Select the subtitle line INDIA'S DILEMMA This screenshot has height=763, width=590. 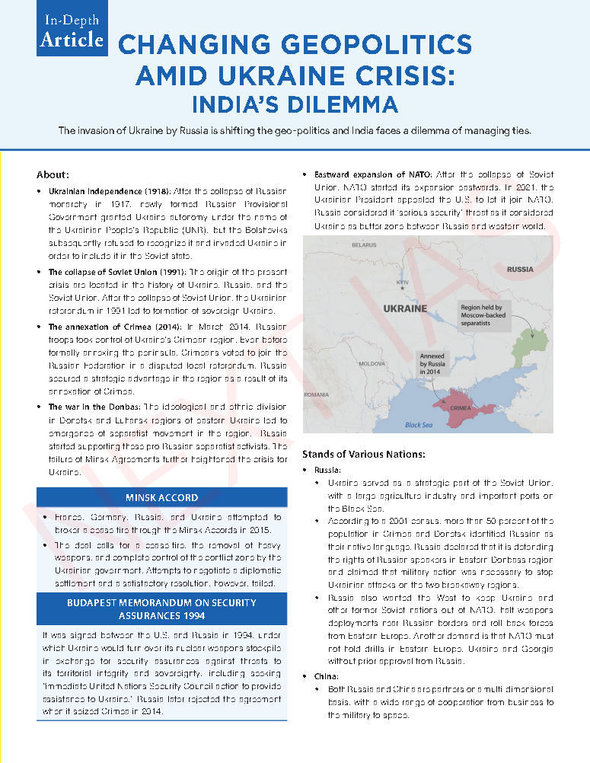(294, 103)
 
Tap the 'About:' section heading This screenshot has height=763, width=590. (53, 174)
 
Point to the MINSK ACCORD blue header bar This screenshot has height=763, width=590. (161, 497)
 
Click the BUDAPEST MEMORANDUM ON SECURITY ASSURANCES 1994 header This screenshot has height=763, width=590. (161, 608)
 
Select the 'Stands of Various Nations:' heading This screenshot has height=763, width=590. (364, 454)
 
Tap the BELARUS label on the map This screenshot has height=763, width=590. (365, 245)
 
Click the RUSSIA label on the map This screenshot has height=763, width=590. (520, 270)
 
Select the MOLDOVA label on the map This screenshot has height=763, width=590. (372, 364)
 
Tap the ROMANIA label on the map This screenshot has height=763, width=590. (316, 395)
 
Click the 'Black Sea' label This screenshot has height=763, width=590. (418, 425)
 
